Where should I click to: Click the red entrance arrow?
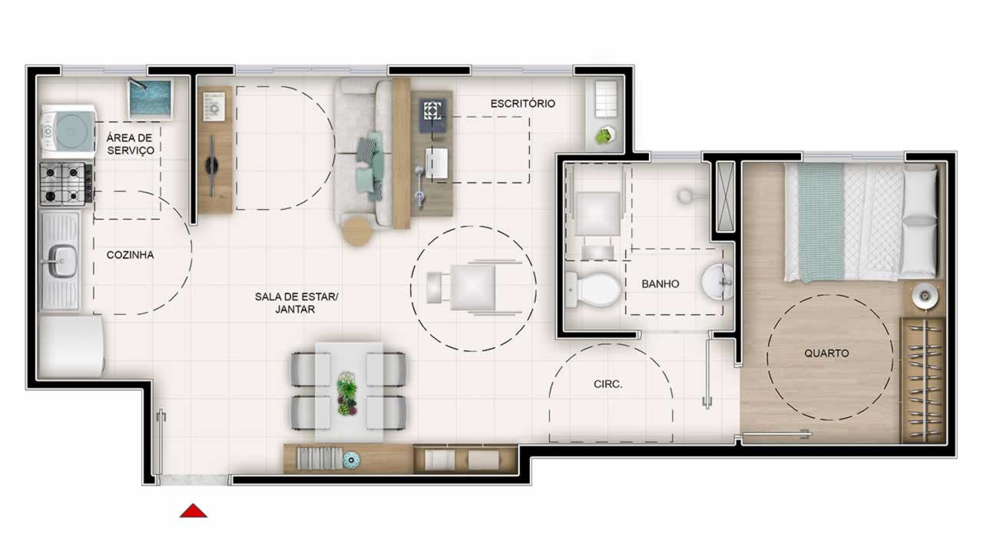click(x=193, y=511)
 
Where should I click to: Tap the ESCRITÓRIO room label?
click(x=523, y=104)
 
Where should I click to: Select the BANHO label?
click(x=660, y=284)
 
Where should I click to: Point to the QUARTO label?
click(x=826, y=353)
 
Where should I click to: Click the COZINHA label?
click(x=130, y=255)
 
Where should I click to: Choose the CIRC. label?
click(x=607, y=385)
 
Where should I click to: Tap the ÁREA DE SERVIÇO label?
click(x=130, y=144)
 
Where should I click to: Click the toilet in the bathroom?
click(x=593, y=290)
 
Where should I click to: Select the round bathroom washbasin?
click(x=718, y=282)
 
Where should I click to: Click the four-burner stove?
click(x=66, y=184)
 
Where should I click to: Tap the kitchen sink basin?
click(x=62, y=260)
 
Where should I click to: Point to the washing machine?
click(x=68, y=131)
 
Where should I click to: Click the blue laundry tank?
click(x=150, y=99)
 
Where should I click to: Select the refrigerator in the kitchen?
click(x=71, y=346)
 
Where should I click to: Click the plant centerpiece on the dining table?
click(x=346, y=394)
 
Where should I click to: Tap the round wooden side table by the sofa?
click(x=358, y=231)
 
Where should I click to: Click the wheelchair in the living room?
click(x=473, y=287)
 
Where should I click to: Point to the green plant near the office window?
click(x=606, y=135)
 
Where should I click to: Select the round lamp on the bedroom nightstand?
click(x=925, y=296)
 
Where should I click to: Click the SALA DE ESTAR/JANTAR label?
click(x=296, y=303)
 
